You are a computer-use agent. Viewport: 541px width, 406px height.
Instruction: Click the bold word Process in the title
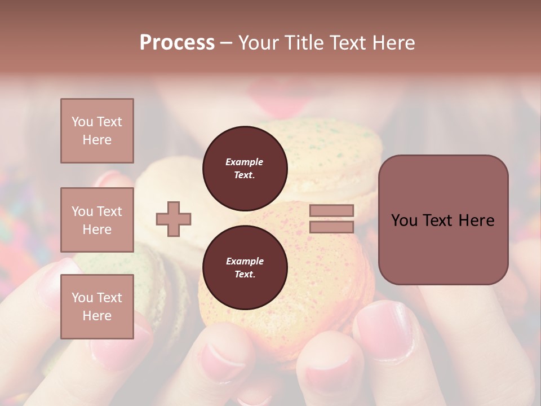[x=177, y=42]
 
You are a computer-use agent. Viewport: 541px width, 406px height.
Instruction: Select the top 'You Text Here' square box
[x=97, y=131]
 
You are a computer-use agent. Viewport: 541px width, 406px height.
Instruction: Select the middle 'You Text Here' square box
[x=97, y=220]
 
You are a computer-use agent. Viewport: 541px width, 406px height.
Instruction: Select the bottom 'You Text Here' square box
[x=97, y=307]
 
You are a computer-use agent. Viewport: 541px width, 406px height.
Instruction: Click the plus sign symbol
[x=174, y=219]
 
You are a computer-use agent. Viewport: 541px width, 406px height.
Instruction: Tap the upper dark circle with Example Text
[x=245, y=169]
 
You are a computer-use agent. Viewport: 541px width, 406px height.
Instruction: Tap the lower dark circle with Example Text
[x=245, y=268]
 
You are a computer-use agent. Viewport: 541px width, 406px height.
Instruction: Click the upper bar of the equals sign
[x=331, y=210]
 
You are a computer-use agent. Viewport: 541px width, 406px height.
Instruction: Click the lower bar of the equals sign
[x=331, y=227]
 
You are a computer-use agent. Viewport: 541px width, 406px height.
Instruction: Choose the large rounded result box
[x=443, y=248]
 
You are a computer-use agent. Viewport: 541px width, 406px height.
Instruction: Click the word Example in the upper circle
[x=245, y=162]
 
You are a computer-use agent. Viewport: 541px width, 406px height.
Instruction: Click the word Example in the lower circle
[x=245, y=261]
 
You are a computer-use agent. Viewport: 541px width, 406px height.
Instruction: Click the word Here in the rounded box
[x=476, y=220]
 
